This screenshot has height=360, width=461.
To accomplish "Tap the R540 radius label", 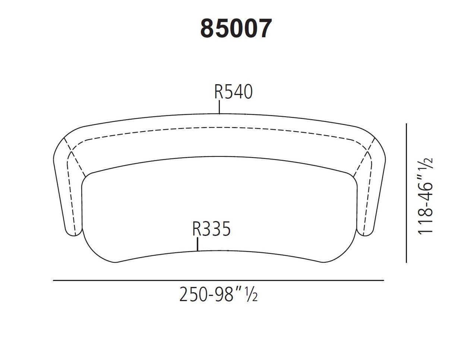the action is click(x=233, y=92).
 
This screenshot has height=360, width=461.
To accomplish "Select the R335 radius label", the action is click(x=211, y=229).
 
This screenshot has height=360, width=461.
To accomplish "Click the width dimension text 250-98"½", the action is click(x=218, y=294).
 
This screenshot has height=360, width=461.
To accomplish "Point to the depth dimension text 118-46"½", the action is click(x=426, y=195).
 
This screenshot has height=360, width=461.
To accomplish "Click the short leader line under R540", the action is click(x=220, y=108).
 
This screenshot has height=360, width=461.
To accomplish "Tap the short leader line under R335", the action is click(x=198, y=244).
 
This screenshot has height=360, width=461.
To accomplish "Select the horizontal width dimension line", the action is click(x=218, y=280).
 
